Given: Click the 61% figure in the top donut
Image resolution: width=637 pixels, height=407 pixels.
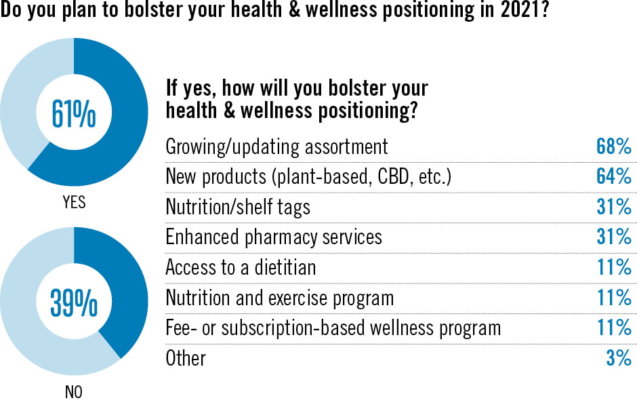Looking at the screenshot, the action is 74,114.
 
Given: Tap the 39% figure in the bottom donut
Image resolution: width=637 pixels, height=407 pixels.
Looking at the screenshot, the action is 74,303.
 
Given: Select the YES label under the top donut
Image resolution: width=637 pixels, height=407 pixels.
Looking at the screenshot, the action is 74,202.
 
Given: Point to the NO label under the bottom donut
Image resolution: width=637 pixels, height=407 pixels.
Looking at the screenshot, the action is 74,392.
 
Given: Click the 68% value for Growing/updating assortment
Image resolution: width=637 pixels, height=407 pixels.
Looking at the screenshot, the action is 614,146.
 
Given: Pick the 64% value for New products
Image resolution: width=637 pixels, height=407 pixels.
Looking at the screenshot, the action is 614,176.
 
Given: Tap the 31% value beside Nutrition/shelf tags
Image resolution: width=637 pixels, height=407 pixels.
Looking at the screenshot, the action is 614,206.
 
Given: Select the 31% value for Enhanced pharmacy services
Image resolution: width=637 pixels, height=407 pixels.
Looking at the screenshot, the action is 614,237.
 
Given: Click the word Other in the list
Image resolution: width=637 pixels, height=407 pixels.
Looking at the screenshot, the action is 186,358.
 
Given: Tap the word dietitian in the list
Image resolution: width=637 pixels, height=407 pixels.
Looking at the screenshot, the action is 285,267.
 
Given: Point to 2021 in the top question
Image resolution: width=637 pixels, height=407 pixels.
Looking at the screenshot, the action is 525,9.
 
